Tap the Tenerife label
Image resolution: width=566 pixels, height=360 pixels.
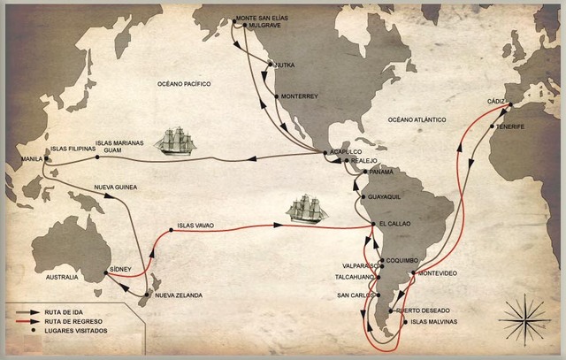point(510,126)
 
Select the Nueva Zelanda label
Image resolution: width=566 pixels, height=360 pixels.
point(178,294)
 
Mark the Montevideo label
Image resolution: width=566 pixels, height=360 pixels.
point(437,273)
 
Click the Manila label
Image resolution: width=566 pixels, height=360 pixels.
point(19,160)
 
